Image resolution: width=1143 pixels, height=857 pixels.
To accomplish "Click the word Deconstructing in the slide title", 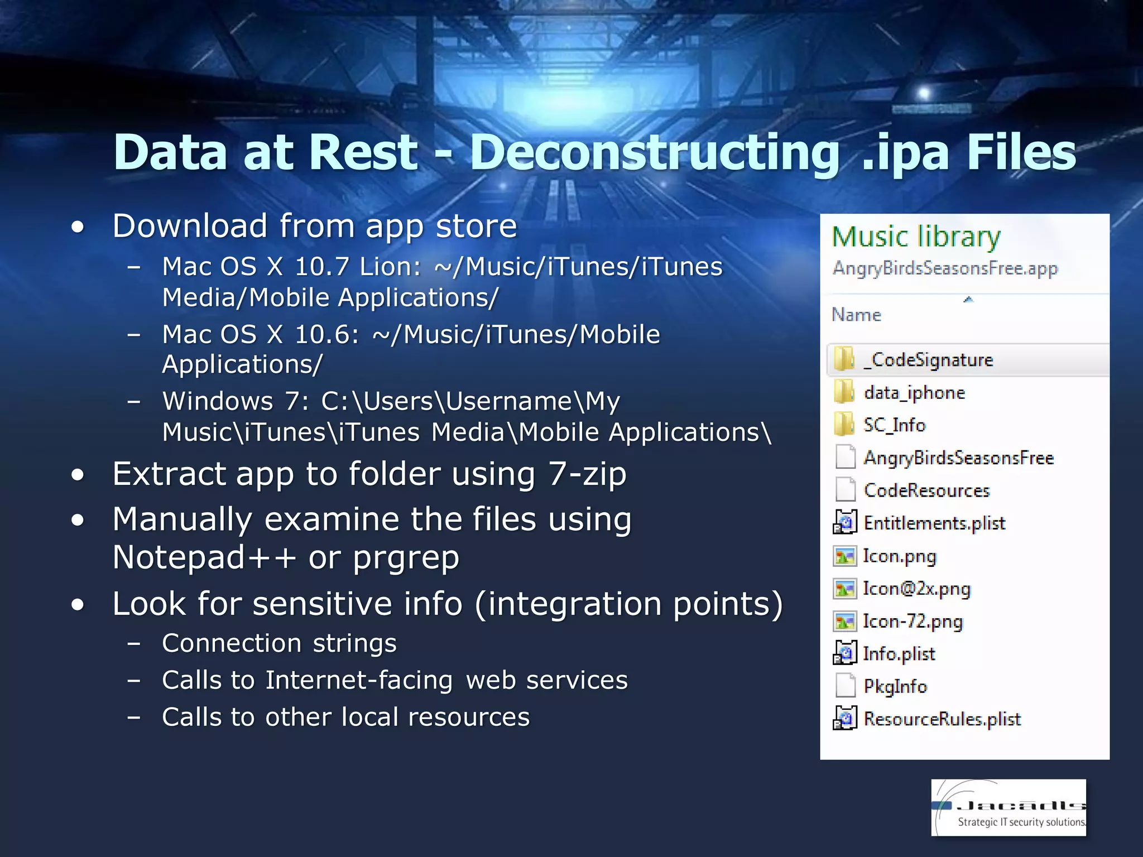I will tap(654, 153).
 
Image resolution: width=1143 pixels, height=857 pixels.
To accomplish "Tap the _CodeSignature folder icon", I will tap(844, 359).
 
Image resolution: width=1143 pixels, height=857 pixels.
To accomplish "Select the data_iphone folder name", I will tap(914, 393).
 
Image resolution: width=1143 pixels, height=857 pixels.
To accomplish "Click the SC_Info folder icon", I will tap(844, 425).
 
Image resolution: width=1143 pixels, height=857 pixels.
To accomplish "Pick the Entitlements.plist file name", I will tap(934, 523).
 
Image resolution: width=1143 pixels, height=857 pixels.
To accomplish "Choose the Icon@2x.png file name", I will tap(916, 589).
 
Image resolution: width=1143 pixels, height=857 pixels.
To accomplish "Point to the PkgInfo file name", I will tap(895, 686).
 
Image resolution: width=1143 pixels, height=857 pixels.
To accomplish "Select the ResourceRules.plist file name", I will tap(942, 719).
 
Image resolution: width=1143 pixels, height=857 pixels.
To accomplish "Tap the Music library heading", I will tap(916, 237).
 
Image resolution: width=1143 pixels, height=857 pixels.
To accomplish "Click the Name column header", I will tap(856, 315).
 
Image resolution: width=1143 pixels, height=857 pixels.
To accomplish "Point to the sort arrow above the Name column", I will tap(968, 300).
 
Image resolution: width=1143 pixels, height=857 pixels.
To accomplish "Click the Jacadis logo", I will tap(1008, 807).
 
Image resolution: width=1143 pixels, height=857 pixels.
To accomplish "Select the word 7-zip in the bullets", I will tap(587, 474).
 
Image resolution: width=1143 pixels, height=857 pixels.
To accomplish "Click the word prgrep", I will tap(406, 559).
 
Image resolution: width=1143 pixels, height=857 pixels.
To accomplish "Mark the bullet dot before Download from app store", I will tap(78, 227).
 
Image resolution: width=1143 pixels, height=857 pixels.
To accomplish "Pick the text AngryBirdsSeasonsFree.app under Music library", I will tap(945, 268).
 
